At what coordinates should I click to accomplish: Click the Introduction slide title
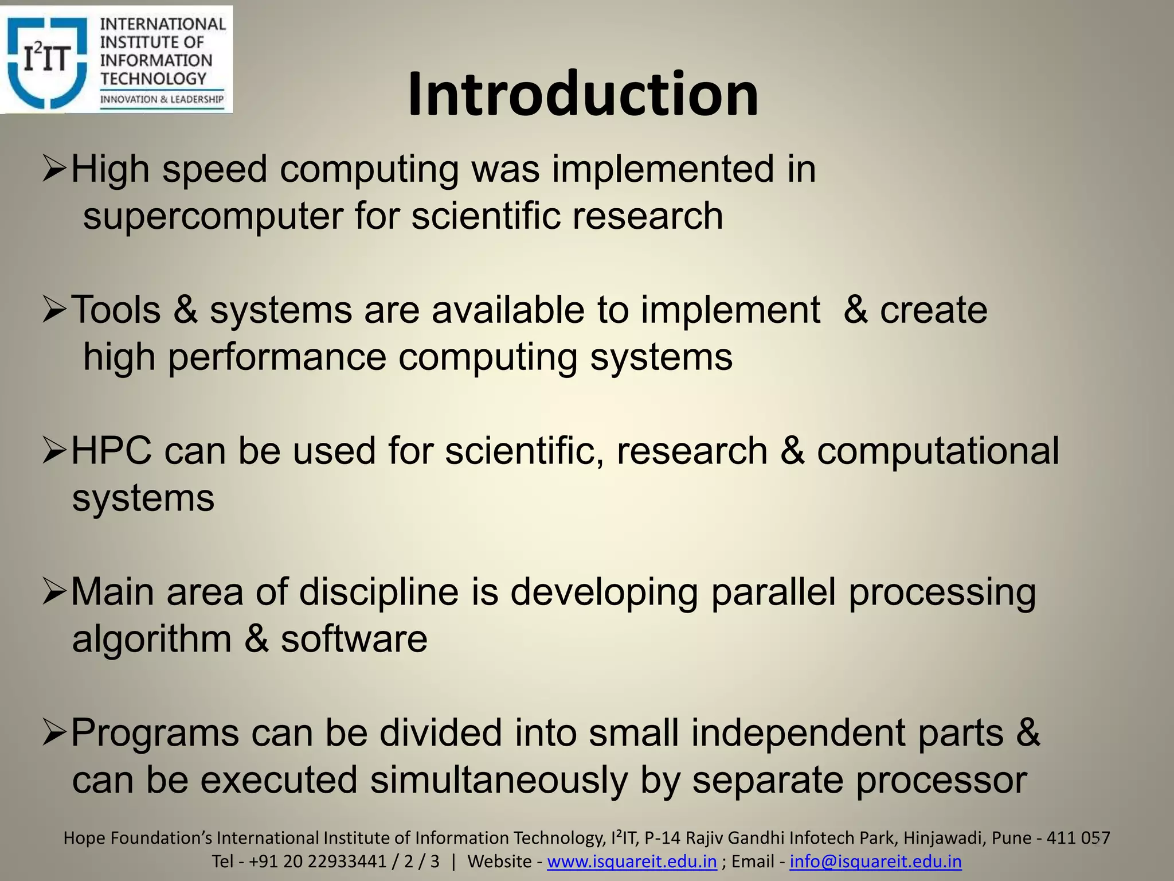click(x=583, y=93)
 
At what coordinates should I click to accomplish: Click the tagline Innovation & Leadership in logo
click(x=162, y=99)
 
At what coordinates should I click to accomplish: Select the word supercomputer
click(x=213, y=216)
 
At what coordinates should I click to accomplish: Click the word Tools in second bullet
click(x=115, y=310)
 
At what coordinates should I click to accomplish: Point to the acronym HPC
click(x=112, y=451)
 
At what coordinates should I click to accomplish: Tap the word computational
click(x=938, y=451)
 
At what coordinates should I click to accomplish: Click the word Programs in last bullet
click(x=155, y=733)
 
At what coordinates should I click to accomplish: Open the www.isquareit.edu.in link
click(x=632, y=861)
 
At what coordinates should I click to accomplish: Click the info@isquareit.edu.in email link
click(x=875, y=861)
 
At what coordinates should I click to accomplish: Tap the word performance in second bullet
click(x=277, y=357)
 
